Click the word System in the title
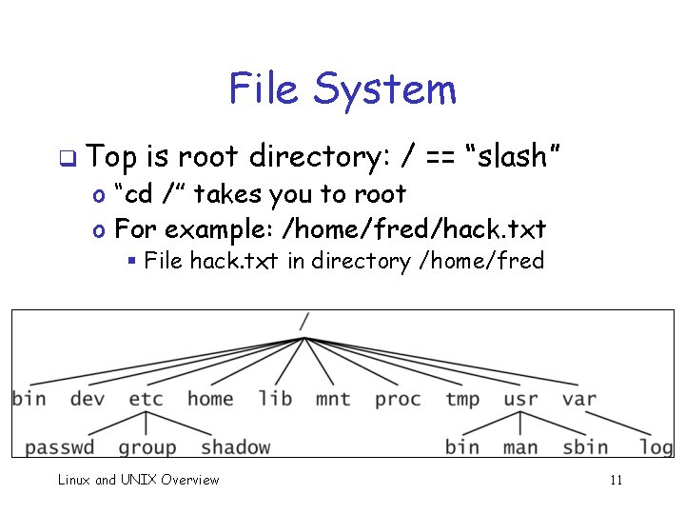click(x=385, y=89)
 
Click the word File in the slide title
click(x=264, y=89)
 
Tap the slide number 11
click(x=616, y=480)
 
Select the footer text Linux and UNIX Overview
click(x=138, y=480)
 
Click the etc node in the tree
click(x=146, y=398)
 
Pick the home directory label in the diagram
click(x=210, y=398)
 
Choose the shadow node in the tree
click(x=235, y=446)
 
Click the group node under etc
click(x=147, y=446)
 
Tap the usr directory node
click(x=520, y=398)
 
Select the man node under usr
click(x=520, y=446)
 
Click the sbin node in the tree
click(x=585, y=446)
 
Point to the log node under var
click(x=656, y=446)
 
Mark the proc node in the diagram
click(x=398, y=398)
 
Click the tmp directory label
click(x=462, y=398)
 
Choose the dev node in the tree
click(x=88, y=398)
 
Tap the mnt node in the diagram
click(x=333, y=398)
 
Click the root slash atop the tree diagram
click(x=303, y=322)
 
